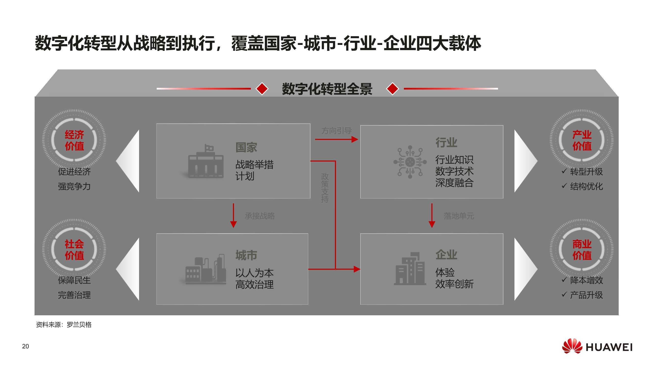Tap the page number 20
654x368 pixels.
(x=26, y=346)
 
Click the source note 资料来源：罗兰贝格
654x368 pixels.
(x=64, y=325)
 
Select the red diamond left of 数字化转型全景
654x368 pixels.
(x=262, y=89)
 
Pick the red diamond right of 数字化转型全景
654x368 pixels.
(x=392, y=89)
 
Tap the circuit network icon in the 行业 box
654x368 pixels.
(x=410, y=162)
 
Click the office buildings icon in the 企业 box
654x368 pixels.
(x=410, y=269)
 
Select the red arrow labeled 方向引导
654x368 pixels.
(x=336, y=139)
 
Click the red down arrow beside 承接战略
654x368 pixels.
(x=233, y=215)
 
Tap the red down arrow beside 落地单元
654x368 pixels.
(x=432, y=215)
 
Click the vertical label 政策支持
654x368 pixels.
(x=325, y=188)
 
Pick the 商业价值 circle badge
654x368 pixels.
(x=582, y=250)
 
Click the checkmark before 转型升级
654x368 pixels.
(x=564, y=171)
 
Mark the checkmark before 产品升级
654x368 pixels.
(x=564, y=295)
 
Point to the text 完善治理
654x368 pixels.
(x=74, y=295)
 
